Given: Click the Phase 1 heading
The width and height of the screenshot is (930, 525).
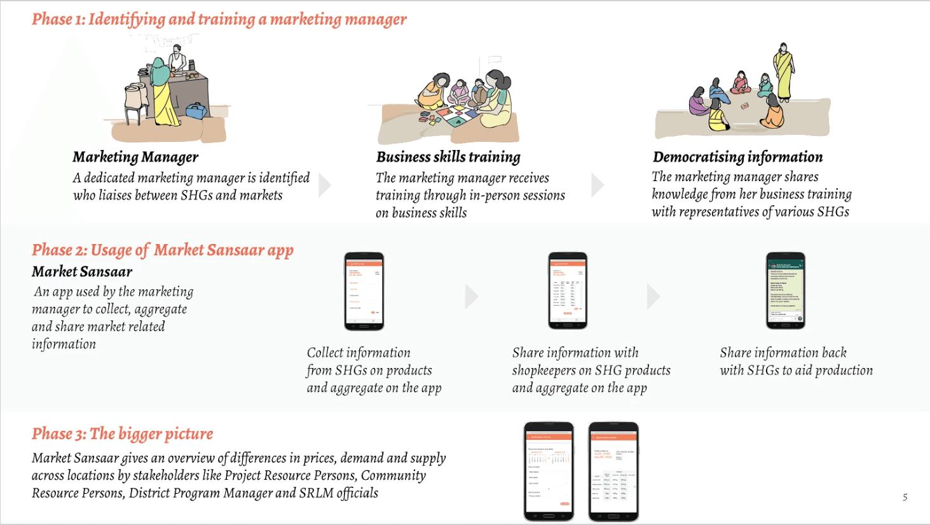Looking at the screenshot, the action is (x=219, y=19).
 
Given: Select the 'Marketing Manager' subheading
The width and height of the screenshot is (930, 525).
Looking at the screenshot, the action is (x=135, y=157).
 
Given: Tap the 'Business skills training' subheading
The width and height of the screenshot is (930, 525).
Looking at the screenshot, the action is (x=448, y=157).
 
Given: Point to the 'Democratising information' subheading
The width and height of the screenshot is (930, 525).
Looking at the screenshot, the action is (x=737, y=157).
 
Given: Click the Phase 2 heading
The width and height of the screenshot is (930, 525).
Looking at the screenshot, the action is (x=163, y=250).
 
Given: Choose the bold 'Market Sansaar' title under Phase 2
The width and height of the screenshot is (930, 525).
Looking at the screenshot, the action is (x=82, y=271).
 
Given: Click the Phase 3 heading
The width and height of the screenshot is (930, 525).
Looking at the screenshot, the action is (x=123, y=433).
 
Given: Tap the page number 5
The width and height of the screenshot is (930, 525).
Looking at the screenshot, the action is (x=905, y=497).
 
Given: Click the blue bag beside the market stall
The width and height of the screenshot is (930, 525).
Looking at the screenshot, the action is (x=196, y=111).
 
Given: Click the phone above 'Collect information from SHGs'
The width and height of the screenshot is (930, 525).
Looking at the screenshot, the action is (x=364, y=291).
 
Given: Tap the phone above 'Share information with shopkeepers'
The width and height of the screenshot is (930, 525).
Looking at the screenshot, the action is (x=568, y=290).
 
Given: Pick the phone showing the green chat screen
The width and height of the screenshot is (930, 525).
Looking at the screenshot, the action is (x=786, y=290).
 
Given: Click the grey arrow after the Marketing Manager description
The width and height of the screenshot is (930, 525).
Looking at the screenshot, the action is (x=324, y=185).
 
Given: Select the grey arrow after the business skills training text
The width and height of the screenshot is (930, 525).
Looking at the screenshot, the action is (x=597, y=185).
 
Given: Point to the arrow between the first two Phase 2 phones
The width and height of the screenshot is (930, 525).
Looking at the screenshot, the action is (x=471, y=296).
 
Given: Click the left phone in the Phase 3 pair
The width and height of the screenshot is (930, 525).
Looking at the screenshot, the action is (x=549, y=471).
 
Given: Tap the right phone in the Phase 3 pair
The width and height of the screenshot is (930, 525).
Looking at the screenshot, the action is (x=613, y=472).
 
